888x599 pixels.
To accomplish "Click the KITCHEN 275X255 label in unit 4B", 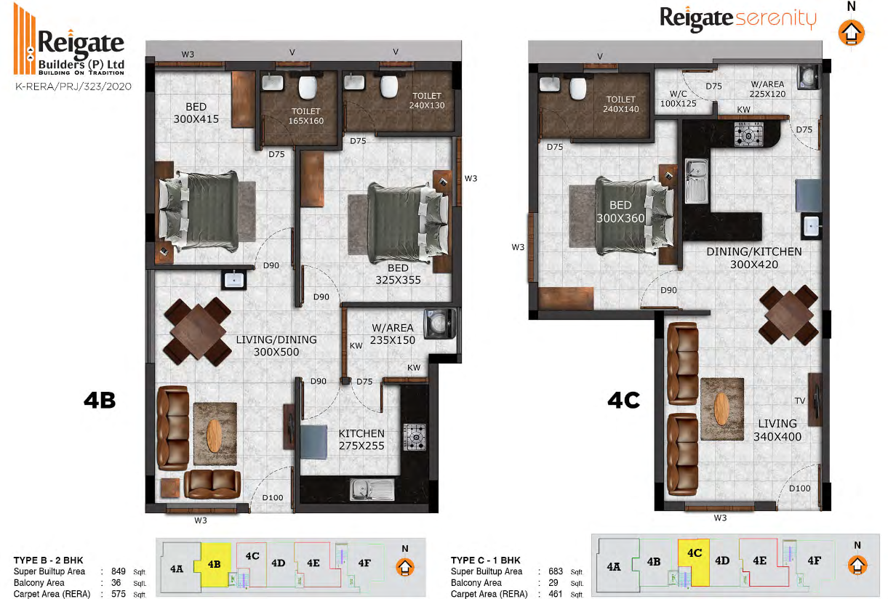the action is coord(361,439).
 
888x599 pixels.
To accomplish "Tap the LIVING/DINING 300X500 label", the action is coord(276,345).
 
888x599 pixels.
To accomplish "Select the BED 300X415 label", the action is coord(196,113).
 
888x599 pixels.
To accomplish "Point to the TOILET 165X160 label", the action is coord(305,116).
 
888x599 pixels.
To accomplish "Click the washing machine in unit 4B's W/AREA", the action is coord(439,323).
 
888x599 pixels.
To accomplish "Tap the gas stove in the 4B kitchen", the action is coord(415,437).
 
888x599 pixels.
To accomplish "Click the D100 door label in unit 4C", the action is coord(799,488).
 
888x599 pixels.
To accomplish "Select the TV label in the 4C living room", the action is coord(799,401).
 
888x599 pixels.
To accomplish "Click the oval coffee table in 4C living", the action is coord(721,409).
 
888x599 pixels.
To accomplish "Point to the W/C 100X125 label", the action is coord(678,99).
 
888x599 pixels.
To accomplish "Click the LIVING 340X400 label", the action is coord(777,430).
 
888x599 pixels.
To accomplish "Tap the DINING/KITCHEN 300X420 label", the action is coord(754,258).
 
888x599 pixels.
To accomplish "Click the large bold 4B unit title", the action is coord(100,400).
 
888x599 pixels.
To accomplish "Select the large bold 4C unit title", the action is coord(623,400).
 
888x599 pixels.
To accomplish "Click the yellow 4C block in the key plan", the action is coord(693,562).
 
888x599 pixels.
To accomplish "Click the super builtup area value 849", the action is coord(118,571).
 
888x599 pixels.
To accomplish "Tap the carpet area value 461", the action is coord(556,594).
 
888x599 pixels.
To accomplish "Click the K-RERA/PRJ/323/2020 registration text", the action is coord(73,87).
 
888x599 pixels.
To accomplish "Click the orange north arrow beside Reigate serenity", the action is coord(851,33).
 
